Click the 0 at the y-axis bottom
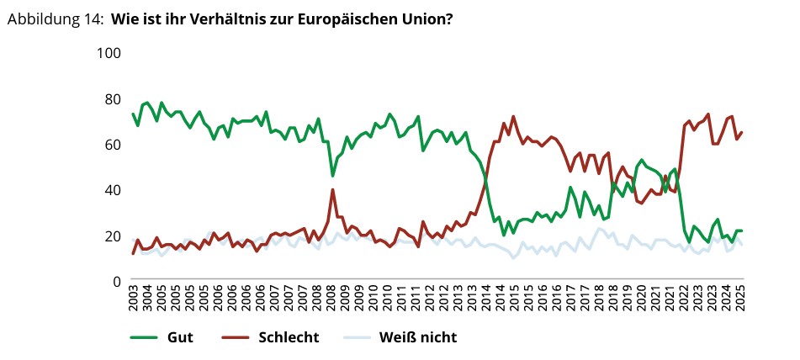[x=118, y=281]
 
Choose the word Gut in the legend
[x=180, y=338]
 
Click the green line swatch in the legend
[x=145, y=338]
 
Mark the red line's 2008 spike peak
[x=333, y=189]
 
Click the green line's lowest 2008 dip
[x=333, y=175]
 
